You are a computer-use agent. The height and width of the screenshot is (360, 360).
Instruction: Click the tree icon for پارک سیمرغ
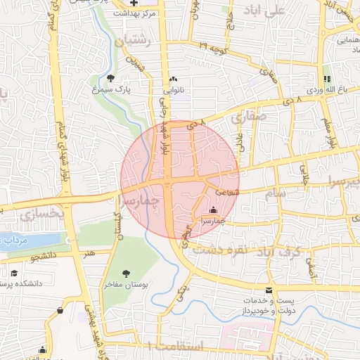point(111,78)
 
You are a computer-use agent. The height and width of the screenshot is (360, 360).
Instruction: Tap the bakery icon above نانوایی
point(173,79)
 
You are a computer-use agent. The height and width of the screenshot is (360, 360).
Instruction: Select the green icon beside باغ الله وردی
point(326,79)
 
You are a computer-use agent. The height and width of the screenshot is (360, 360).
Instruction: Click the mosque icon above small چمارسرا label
point(213,210)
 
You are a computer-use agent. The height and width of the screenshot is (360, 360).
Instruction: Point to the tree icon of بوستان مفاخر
point(126,273)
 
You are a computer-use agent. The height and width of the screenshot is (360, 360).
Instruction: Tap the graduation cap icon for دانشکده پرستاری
point(14,273)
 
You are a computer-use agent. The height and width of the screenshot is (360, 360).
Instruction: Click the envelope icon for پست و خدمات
point(269,290)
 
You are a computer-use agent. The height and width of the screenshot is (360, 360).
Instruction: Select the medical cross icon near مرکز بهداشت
point(134,4)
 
